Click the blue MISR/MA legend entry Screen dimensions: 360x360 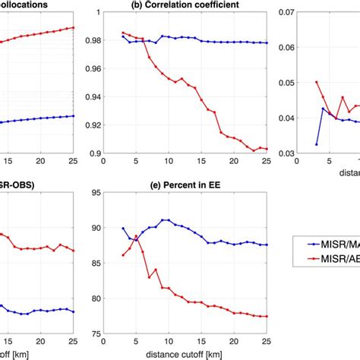[327, 245]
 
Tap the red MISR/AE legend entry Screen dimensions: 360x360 [327, 259]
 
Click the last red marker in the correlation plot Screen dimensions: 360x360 [267, 149]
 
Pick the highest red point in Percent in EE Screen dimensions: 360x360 [136, 236]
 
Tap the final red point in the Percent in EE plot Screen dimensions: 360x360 [267, 316]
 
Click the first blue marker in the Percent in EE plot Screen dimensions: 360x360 [124, 228]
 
